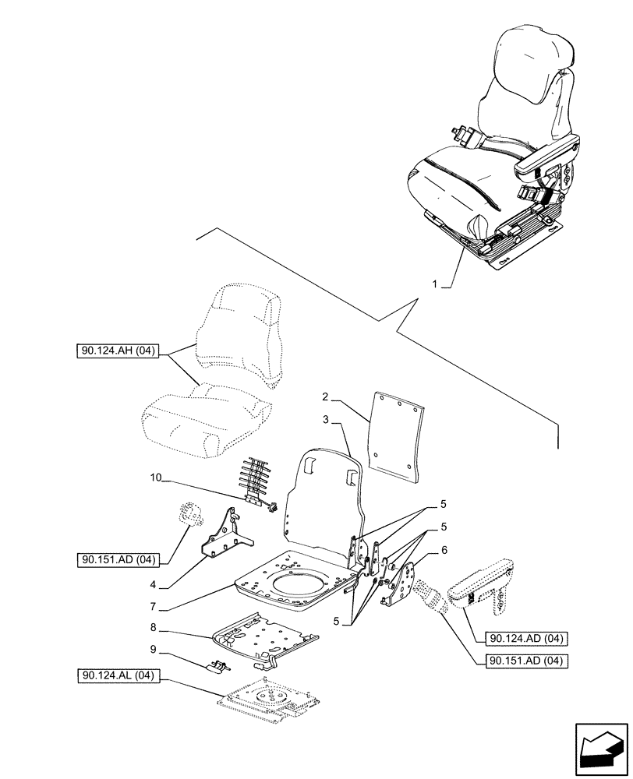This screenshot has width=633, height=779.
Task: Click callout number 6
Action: click(x=444, y=549)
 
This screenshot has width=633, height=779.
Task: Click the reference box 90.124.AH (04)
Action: click(x=118, y=352)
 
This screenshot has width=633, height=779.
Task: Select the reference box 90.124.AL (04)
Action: click(x=118, y=675)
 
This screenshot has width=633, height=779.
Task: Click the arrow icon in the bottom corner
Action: click(x=600, y=749)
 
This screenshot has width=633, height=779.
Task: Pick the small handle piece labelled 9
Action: click(x=217, y=666)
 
